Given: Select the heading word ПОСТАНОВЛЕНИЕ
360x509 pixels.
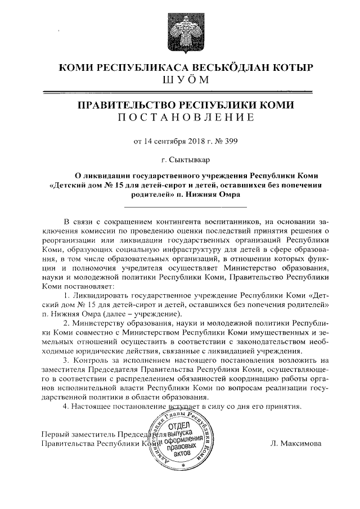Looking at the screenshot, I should coord(185,117).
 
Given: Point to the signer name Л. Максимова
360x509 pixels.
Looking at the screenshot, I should coord(296,443).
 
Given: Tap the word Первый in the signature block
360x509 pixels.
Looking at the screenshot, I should coord(55,434).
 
